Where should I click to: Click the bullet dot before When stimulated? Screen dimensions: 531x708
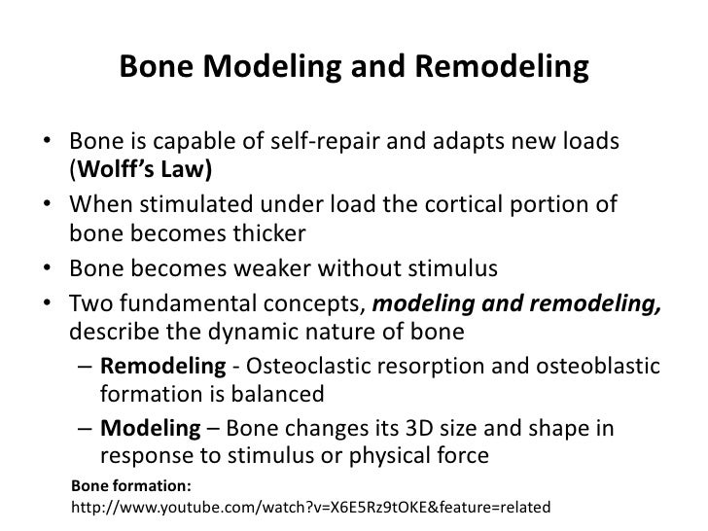(47, 206)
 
